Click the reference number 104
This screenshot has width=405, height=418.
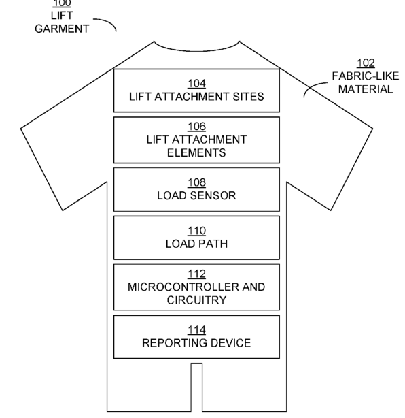(x=196, y=84)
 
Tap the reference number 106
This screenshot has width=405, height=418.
(x=196, y=127)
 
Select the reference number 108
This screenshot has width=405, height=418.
(x=196, y=182)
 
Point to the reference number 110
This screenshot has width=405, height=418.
(x=196, y=231)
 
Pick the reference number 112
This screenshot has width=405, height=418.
(x=196, y=274)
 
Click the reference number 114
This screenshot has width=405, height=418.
(x=196, y=330)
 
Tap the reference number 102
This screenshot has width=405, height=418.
(x=366, y=63)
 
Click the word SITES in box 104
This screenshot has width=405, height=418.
(x=248, y=97)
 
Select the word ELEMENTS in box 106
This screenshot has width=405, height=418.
(x=196, y=152)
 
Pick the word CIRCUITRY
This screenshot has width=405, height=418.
(x=196, y=300)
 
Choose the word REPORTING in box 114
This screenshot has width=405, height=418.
(x=171, y=343)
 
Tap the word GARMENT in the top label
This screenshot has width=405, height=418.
(x=62, y=29)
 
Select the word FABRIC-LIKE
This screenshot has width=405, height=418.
(x=366, y=76)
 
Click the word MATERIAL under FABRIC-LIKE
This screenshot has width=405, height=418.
(x=366, y=89)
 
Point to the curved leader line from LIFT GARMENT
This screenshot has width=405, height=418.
(x=108, y=21)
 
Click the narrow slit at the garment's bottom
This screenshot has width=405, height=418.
(x=196, y=387)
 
